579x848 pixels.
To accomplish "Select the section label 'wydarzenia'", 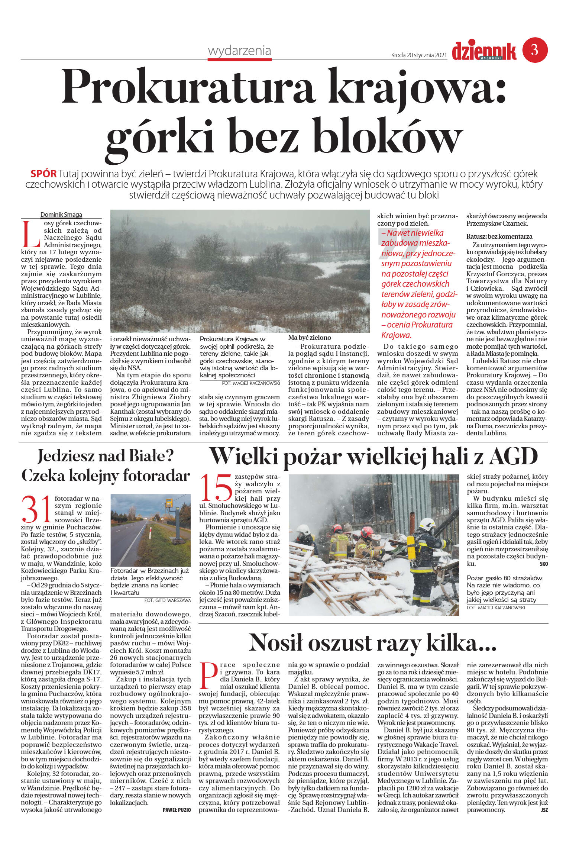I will coord(239,51).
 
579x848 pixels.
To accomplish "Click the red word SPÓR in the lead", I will coord(43,174).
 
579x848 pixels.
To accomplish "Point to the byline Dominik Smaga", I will coord(61,215).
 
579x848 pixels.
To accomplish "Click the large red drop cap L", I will coord(31,234).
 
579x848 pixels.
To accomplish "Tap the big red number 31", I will coord(36,509).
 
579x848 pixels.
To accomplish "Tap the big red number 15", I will coord(216,488).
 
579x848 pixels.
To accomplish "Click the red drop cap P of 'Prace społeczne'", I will coord(208,675).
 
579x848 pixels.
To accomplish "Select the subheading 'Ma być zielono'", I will coord(310,338).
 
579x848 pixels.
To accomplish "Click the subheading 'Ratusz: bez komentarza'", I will coord(499,236).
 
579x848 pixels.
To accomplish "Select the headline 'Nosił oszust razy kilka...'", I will coord(372,642).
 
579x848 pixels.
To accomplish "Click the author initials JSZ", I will coord(544,810).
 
